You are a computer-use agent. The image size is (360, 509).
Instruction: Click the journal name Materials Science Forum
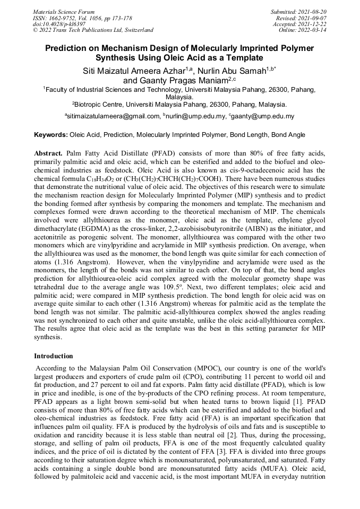point(64,11)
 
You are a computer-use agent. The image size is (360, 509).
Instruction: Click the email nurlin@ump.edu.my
point(195,116)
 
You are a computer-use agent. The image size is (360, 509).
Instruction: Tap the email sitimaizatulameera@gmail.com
point(112,116)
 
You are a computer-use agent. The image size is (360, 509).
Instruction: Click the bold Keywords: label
point(50,135)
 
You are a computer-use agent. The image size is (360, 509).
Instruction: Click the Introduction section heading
point(54,356)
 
